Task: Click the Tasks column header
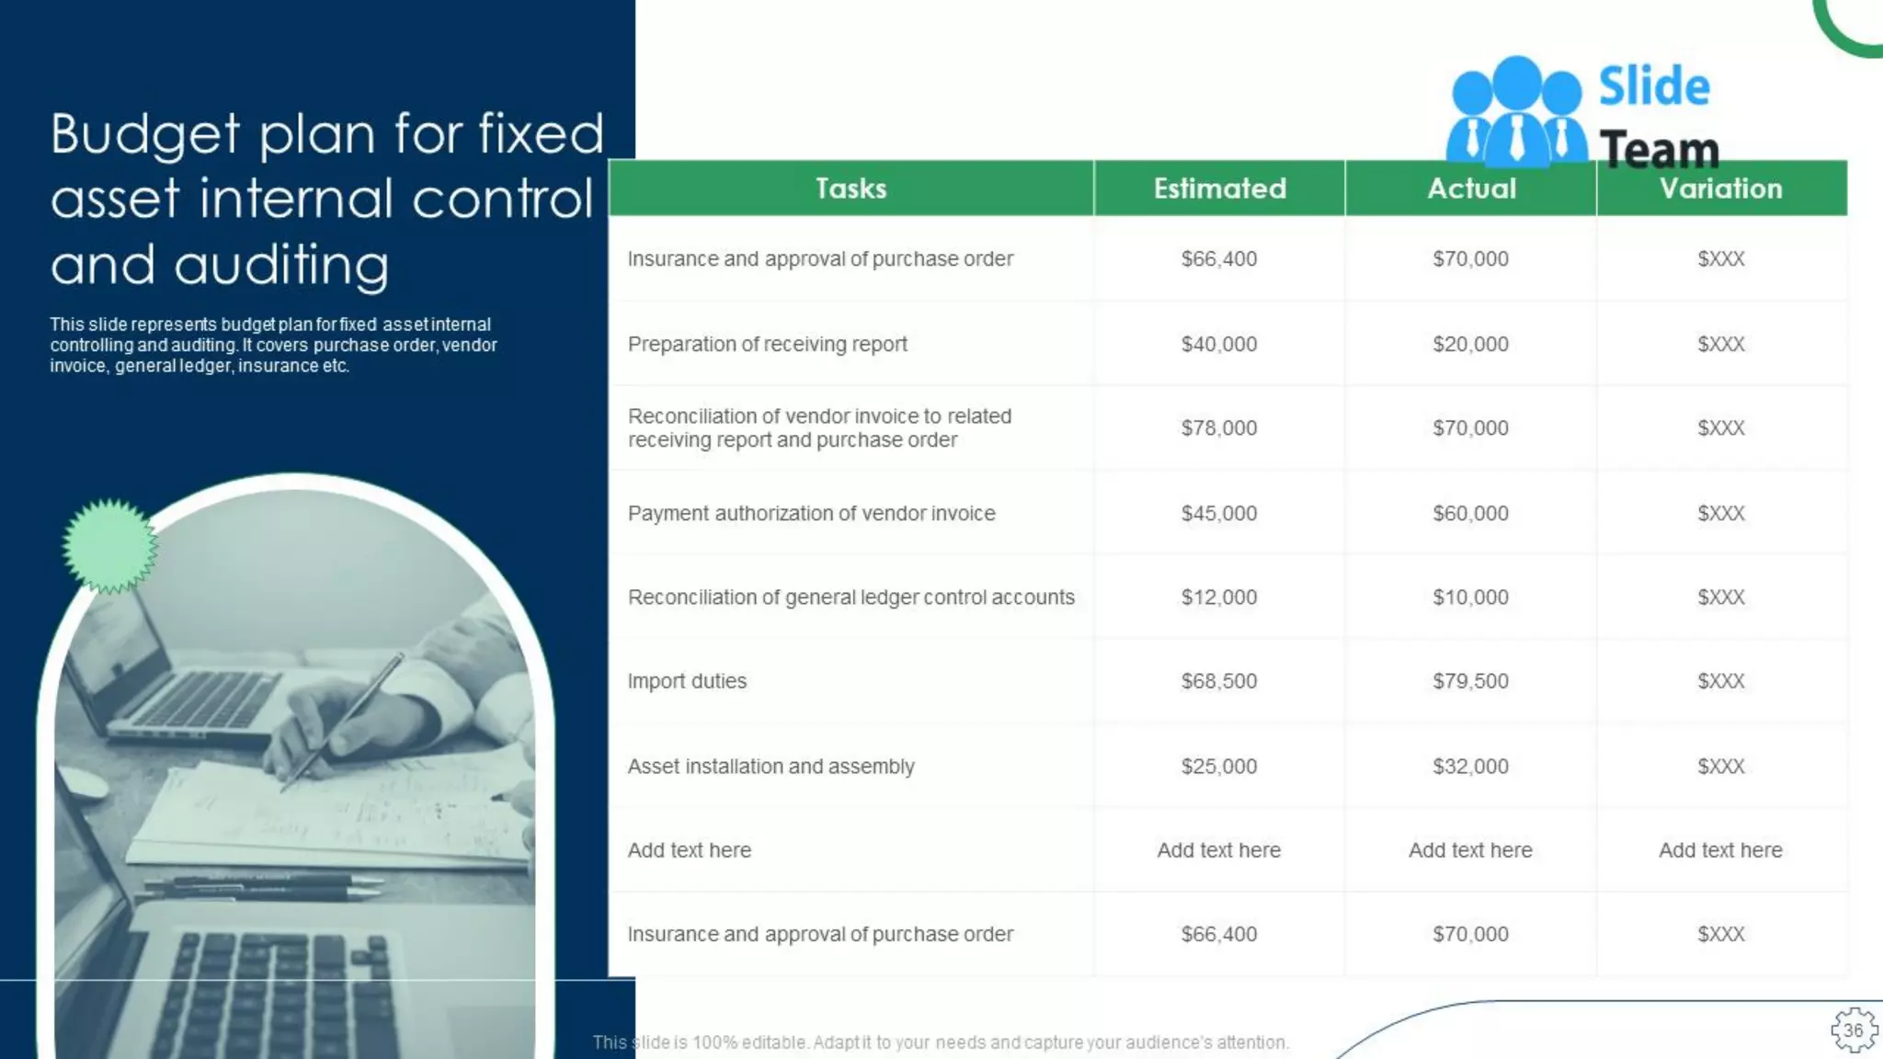tap(850, 188)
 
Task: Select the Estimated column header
tap(1219, 188)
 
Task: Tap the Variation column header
tap(1720, 188)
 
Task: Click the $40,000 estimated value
tap(1218, 344)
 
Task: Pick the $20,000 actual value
tap(1470, 344)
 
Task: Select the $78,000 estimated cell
tap(1218, 427)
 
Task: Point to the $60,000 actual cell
tap(1470, 513)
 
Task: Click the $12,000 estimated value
tap(1218, 598)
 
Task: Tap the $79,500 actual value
tap(1470, 681)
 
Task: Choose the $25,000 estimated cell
tap(1218, 767)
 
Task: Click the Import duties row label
tap(687, 681)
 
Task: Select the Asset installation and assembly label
tap(770, 767)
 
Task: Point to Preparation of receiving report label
tap(767, 344)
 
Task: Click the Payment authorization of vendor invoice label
tap(811, 513)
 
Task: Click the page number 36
tap(1853, 1031)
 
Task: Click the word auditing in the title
tap(281, 265)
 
